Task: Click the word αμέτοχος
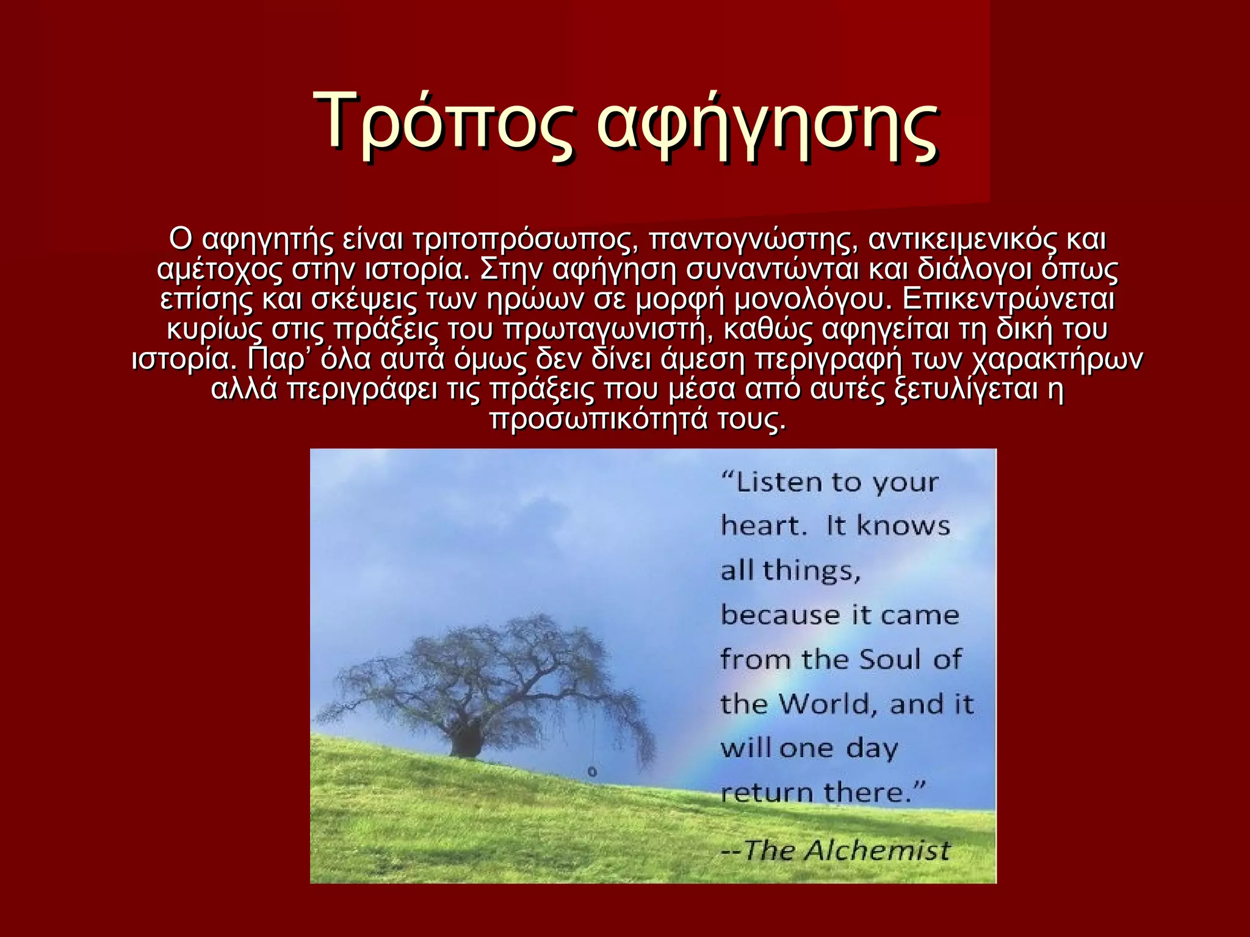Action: click(x=219, y=270)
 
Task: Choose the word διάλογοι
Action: click(x=975, y=270)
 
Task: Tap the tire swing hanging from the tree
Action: click(x=591, y=772)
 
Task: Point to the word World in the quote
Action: click(x=828, y=705)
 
